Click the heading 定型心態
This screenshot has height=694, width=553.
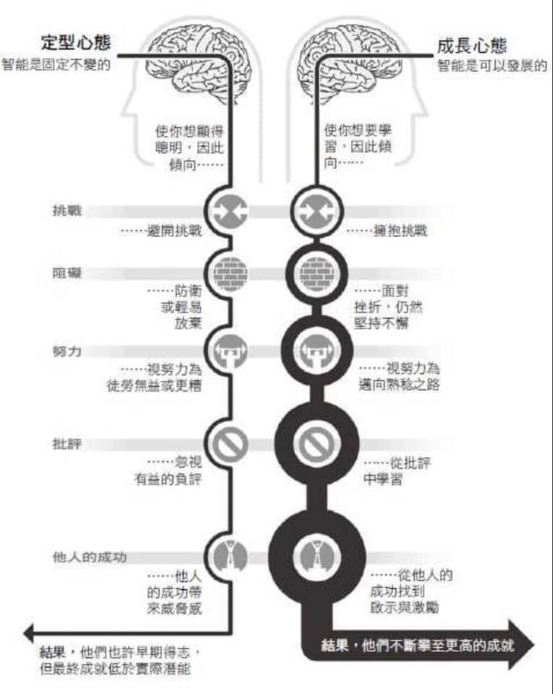(76, 43)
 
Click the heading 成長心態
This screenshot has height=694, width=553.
(471, 46)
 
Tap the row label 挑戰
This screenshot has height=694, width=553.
(67, 210)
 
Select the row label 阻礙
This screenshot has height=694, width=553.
(67, 273)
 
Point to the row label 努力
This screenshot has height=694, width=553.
(67, 351)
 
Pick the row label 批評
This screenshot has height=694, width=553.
(67, 443)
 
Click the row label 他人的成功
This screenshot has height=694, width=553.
(90, 557)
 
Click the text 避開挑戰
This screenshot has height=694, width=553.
(174, 231)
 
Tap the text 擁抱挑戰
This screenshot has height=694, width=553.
(400, 231)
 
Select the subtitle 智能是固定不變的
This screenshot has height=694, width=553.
(56, 64)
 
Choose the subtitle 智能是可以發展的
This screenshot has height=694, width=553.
(492, 66)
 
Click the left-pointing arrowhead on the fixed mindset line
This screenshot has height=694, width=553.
(28, 633)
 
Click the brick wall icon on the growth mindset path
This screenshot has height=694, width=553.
(316, 273)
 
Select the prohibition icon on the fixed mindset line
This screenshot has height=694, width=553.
(230, 443)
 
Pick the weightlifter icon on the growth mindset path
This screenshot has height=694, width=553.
(316, 351)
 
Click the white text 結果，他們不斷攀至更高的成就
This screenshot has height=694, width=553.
(417, 646)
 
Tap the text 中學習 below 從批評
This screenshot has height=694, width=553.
(382, 479)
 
